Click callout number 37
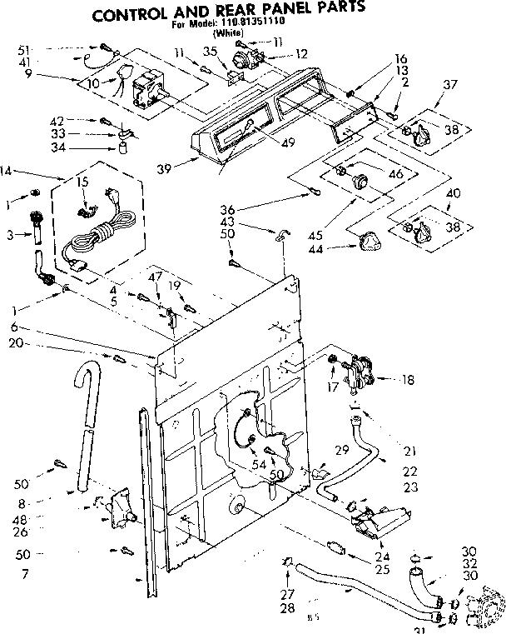tap(451, 85)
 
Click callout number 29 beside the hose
tap(341, 451)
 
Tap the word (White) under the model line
tap(227, 34)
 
